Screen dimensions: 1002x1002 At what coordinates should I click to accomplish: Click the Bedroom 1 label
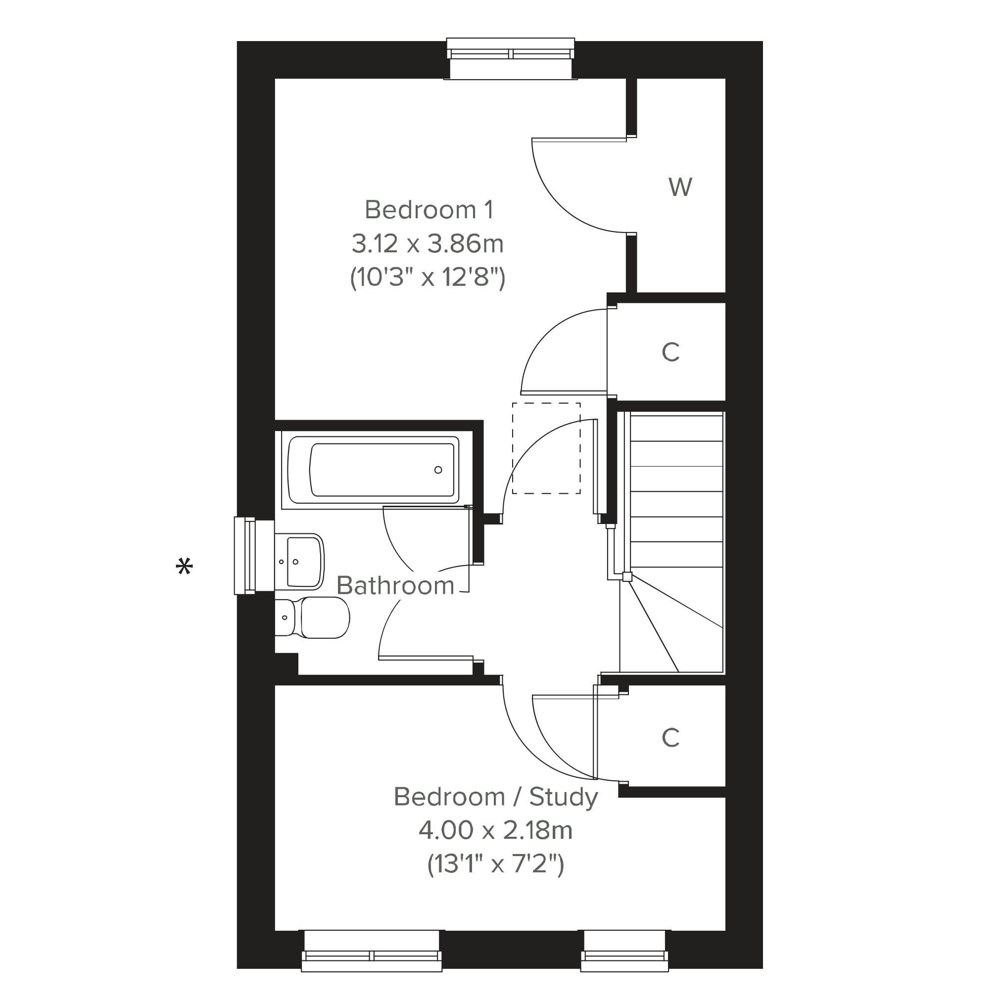click(x=429, y=210)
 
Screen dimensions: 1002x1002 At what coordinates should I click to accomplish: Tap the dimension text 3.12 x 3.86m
click(x=428, y=244)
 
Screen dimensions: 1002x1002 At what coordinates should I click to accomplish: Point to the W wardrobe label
click(x=680, y=187)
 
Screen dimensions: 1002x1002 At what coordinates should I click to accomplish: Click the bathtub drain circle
click(x=438, y=470)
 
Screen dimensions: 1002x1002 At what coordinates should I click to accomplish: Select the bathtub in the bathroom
click(x=374, y=470)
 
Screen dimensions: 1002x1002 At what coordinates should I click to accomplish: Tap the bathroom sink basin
click(x=300, y=562)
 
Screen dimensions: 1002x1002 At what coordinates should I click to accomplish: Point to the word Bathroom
click(x=396, y=585)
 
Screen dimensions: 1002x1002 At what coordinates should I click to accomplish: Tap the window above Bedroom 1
click(x=511, y=58)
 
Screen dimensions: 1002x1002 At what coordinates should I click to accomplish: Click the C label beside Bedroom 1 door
click(x=670, y=353)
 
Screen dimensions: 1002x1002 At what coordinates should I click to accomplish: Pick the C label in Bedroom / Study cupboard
click(x=670, y=737)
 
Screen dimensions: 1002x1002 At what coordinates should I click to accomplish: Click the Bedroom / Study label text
click(x=496, y=797)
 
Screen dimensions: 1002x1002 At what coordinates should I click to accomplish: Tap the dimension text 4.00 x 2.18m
click(x=496, y=830)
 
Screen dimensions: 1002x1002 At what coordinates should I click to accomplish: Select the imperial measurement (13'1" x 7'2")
click(x=496, y=864)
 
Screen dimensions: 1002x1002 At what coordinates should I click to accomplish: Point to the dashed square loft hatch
click(x=546, y=448)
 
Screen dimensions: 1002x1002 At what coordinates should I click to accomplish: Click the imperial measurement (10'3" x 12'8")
click(x=428, y=278)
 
